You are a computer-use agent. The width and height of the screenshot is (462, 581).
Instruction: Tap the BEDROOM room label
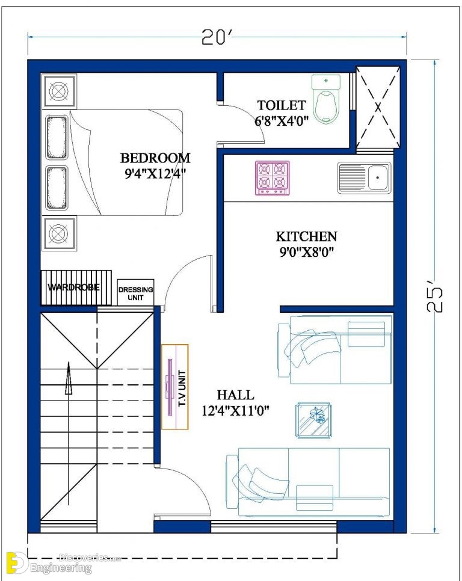point(155,158)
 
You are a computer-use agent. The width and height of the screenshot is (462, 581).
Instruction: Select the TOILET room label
point(282,105)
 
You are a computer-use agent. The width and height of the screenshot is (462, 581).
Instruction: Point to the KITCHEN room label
point(306,236)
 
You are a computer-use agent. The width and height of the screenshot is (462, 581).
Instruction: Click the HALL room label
point(236,395)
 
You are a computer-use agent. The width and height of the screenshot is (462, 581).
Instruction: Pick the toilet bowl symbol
point(325,99)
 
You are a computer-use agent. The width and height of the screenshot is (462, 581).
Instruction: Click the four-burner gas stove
point(273,178)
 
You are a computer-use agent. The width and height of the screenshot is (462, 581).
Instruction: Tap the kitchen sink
point(364,178)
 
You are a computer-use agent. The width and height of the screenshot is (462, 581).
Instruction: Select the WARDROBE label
point(74,287)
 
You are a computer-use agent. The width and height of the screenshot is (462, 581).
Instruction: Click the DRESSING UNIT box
point(135,292)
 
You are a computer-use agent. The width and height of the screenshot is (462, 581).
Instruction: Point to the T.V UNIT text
point(182,388)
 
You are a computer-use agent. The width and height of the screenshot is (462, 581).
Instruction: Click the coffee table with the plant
point(314,420)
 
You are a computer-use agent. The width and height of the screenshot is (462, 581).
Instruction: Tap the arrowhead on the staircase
point(68,378)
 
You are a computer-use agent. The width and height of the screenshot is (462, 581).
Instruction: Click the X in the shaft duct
point(378,107)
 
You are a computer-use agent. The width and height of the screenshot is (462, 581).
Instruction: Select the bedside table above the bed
point(59,91)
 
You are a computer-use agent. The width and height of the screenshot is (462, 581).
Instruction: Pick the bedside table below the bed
point(59,233)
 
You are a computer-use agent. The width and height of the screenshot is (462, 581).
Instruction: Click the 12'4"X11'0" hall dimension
point(235,411)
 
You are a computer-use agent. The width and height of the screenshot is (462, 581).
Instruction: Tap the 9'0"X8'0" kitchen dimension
point(306,253)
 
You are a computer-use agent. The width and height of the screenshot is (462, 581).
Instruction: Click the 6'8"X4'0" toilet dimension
point(282,121)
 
